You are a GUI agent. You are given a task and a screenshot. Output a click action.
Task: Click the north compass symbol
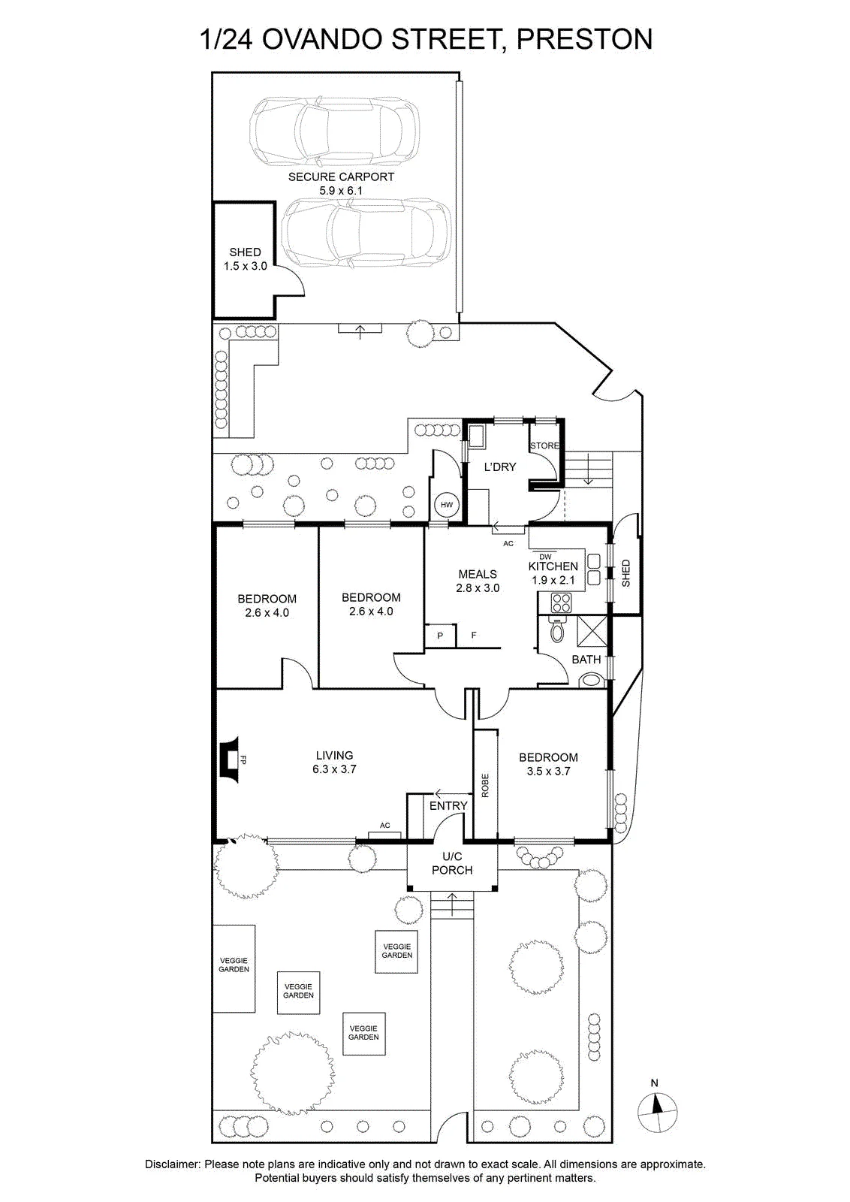click(x=657, y=1113)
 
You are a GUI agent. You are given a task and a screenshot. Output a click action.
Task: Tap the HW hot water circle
click(x=447, y=504)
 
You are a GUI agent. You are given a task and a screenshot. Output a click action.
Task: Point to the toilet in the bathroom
click(x=557, y=629)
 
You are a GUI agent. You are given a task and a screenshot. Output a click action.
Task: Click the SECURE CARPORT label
click(x=341, y=177)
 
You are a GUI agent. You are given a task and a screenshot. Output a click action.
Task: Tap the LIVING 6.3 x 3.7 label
click(x=334, y=762)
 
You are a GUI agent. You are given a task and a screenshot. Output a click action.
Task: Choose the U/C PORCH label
click(x=452, y=863)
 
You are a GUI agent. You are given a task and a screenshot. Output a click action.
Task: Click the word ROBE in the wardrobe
click(x=485, y=786)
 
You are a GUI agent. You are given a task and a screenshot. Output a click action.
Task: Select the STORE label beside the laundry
click(x=545, y=445)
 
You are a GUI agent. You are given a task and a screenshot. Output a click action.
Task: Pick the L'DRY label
click(x=500, y=467)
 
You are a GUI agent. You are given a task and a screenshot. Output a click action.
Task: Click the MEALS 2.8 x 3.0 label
click(x=478, y=581)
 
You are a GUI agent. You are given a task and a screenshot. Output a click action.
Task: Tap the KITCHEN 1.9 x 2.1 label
click(x=553, y=572)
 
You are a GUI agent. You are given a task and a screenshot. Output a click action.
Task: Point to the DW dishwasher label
click(x=545, y=557)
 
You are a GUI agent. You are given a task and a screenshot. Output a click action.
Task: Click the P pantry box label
click(x=440, y=636)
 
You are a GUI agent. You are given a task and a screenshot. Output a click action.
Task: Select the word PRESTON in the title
click(x=584, y=39)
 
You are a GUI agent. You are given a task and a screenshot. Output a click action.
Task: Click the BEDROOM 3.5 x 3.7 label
click(x=548, y=764)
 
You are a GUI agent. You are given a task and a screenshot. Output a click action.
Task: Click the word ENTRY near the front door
click(x=448, y=805)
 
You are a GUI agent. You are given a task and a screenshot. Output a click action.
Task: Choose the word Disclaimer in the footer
click(x=172, y=1164)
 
